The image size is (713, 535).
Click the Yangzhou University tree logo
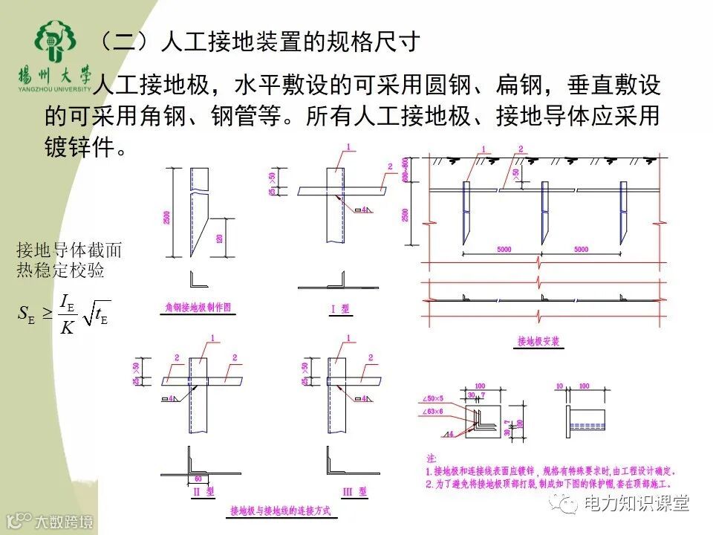point(56,43)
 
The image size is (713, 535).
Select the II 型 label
point(202,491)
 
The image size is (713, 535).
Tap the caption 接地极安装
point(538,342)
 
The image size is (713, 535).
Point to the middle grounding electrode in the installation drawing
point(543,211)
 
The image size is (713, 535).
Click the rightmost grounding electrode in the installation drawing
point(621,211)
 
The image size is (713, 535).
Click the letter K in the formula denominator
point(66,327)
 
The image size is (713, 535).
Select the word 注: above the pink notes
point(432,458)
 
